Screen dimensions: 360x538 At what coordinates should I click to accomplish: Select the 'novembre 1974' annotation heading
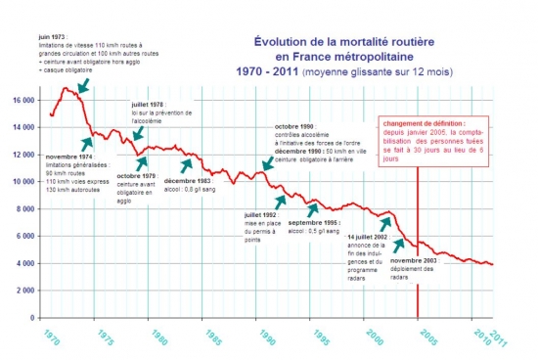click(x=70, y=157)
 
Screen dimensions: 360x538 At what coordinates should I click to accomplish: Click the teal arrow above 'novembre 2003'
click(x=400, y=244)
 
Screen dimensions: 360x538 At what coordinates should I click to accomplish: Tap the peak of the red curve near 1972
click(x=67, y=88)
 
